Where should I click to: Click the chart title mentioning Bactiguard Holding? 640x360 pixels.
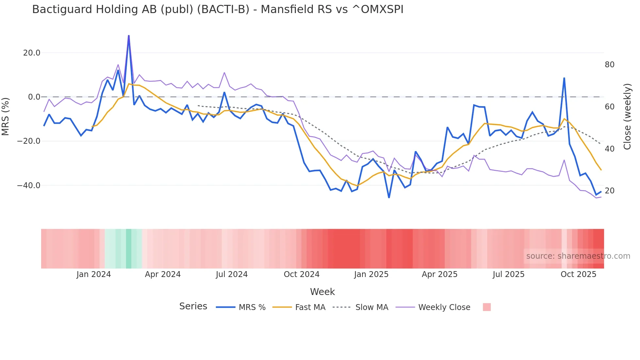click(217, 9)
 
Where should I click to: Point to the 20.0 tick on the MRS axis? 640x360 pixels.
click(32, 53)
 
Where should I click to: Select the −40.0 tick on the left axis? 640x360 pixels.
click(29, 186)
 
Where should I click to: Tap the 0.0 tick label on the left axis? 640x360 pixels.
click(34, 97)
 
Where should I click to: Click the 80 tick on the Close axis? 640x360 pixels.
click(609, 65)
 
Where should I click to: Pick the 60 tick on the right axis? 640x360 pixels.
click(609, 107)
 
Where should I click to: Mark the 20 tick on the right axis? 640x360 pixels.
click(609, 191)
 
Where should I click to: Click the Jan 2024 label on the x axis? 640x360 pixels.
click(94, 274)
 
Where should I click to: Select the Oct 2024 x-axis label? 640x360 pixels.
click(301, 274)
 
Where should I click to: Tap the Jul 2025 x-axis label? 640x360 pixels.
click(508, 274)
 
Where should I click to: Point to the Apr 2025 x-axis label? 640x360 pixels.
click(440, 274)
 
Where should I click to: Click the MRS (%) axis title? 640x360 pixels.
click(6, 116)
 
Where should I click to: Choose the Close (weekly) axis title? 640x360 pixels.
click(627, 117)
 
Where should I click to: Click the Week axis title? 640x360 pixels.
click(322, 292)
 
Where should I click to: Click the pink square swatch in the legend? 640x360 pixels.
click(487, 307)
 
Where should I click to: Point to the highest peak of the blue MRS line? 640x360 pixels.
click(129, 36)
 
